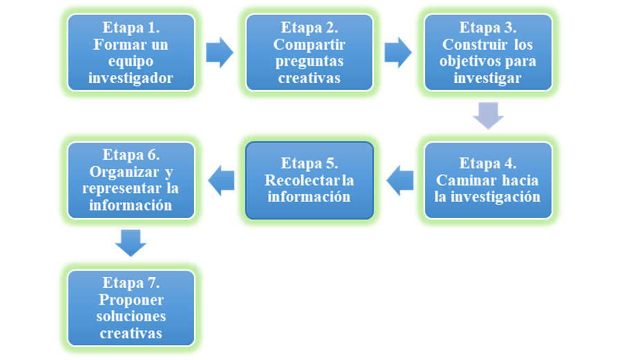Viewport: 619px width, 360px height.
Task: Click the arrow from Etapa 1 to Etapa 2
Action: tap(219, 53)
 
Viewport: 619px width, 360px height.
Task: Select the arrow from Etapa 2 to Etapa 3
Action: tap(398, 53)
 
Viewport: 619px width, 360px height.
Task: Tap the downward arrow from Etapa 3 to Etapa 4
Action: tap(488, 116)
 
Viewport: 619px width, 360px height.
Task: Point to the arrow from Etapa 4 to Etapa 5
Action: tap(399, 180)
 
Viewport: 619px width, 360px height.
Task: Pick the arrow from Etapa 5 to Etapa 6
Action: tap(221, 180)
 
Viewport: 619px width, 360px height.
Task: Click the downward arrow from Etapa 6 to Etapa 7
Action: tap(130, 242)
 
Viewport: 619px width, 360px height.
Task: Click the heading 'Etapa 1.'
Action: tap(131, 28)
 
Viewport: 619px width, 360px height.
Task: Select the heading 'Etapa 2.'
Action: tap(309, 28)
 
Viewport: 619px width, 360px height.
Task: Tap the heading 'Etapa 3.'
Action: tap(487, 28)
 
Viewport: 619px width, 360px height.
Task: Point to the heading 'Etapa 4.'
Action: tap(487, 164)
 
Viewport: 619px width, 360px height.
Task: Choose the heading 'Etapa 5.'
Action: tap(309, 164)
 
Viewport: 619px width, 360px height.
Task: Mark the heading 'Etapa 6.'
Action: tap(131, 154)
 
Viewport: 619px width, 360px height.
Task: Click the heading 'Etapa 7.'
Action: tap(131, 283)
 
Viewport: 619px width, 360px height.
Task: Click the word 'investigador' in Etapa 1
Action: tap(131, 78)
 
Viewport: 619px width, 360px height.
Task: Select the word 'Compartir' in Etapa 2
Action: tap(309, 45)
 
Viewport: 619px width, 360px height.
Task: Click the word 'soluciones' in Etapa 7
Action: tap(131, 316)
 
